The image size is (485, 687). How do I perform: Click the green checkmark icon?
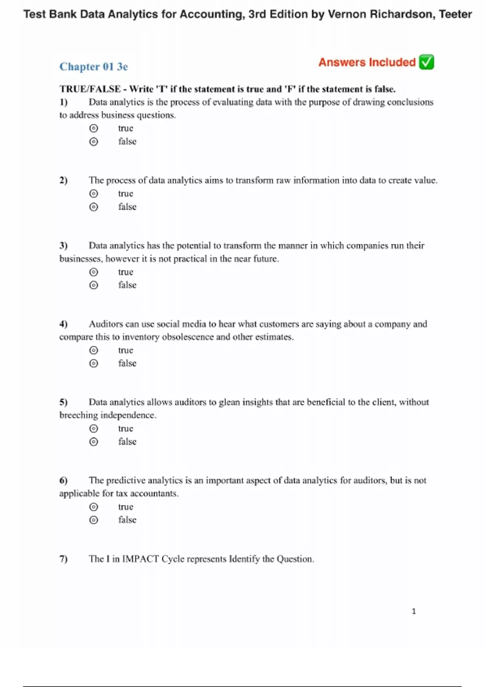pyautogui.click(x=426, y=62)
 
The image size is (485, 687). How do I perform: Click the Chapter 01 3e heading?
pyautogui.click(x=94, y=67)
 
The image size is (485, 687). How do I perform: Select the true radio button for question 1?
pyautogui.click(x=94, y=129)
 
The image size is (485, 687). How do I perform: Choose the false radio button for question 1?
pyautogui.click(x=94, y=142)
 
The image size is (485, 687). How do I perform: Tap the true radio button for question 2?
pyautogui.click(x=94, y=194)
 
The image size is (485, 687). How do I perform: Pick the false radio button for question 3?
pyautogui.click(x=94, y=285)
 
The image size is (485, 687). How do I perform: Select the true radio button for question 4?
pyautogui.click(x=94, y=350)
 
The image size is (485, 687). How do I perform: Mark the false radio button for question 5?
pyautogui.click(x=94, y=442)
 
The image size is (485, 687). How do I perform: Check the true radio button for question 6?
pyautogui.click(x=94, y=507)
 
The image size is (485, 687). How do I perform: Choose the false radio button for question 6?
pyautogui.click(x=94, y=520)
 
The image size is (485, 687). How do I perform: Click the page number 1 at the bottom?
pyautogui.click(x=413, y=611)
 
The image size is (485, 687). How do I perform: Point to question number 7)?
pyautogui.click(x=63, y=559)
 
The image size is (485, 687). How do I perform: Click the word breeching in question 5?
pyautogui.click(x=78, y=415)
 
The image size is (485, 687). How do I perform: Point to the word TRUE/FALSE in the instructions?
pyautogui.click(x=90, y=89)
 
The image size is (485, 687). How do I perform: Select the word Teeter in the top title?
pyautogui.click(x=455, y=15)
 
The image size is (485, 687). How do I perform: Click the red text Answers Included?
pyautogui.click(x=367, y=62)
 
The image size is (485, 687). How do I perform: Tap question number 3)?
pyautogui.click(x=63, y=246)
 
